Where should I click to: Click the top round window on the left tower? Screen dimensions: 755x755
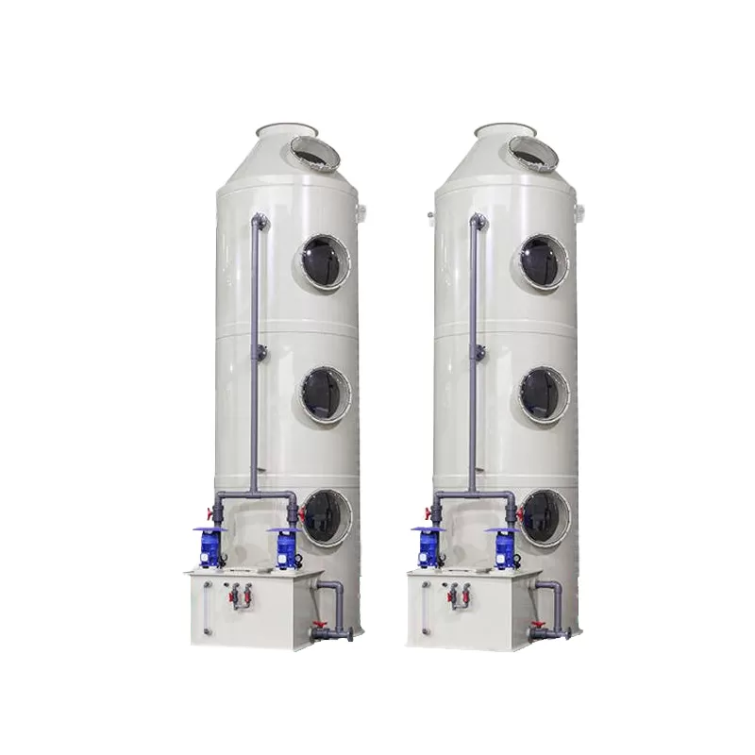pyautogui.click(x=326, y=260)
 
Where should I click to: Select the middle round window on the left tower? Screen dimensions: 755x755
pyautogui.click(x=326, y=394)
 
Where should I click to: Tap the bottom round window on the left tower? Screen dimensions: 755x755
pyautogui.click(x=326, y=516)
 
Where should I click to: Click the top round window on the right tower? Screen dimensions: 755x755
pyautogui.click(x=545, y=260)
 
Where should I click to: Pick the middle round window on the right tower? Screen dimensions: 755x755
pyautogui.click(x=545, y=394)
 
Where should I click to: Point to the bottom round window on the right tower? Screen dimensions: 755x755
pyautogui.click(x=545, y=516)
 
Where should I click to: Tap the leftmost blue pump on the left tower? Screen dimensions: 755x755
pyautogui.click(x=210, y=545)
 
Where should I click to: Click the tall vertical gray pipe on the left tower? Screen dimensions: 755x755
pyautogui.click(x=254, y=359)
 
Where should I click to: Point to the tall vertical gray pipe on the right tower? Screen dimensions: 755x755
pyautogui.click(x=473, y=359)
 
